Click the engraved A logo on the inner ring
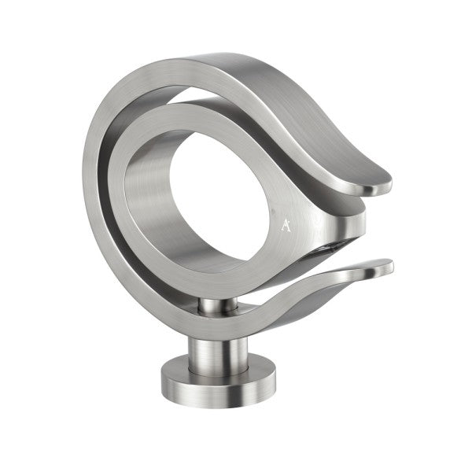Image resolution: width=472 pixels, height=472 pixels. (x=285, y=226)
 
